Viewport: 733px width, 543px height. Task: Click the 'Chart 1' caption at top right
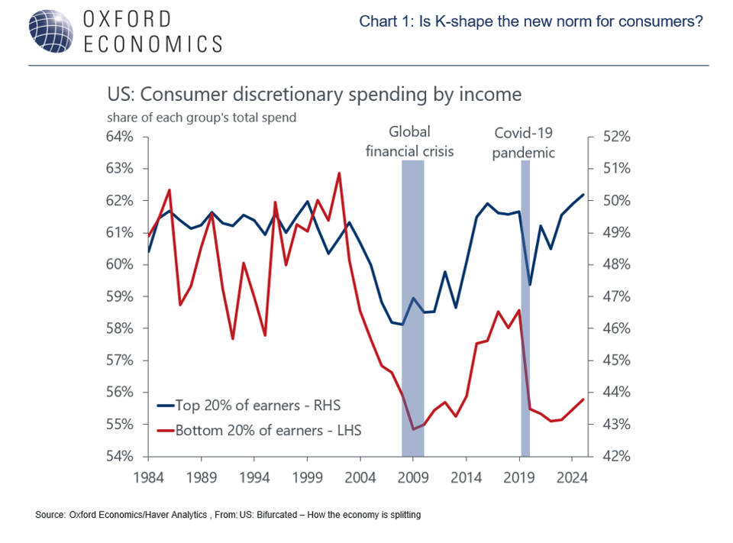531,21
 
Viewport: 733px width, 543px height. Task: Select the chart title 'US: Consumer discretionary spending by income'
314,95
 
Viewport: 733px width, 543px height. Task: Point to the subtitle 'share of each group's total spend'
202,118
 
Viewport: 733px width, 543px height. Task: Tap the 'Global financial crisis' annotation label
409,141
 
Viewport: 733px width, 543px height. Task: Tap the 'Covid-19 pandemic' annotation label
523,143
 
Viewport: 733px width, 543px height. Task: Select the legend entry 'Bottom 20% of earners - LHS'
259,430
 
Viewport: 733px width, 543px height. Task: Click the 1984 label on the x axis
147,478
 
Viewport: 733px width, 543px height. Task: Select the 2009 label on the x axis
412,478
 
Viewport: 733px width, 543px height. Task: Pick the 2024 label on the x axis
572,478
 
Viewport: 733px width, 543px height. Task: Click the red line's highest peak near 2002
338,173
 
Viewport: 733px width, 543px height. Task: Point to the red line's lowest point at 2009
413,429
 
